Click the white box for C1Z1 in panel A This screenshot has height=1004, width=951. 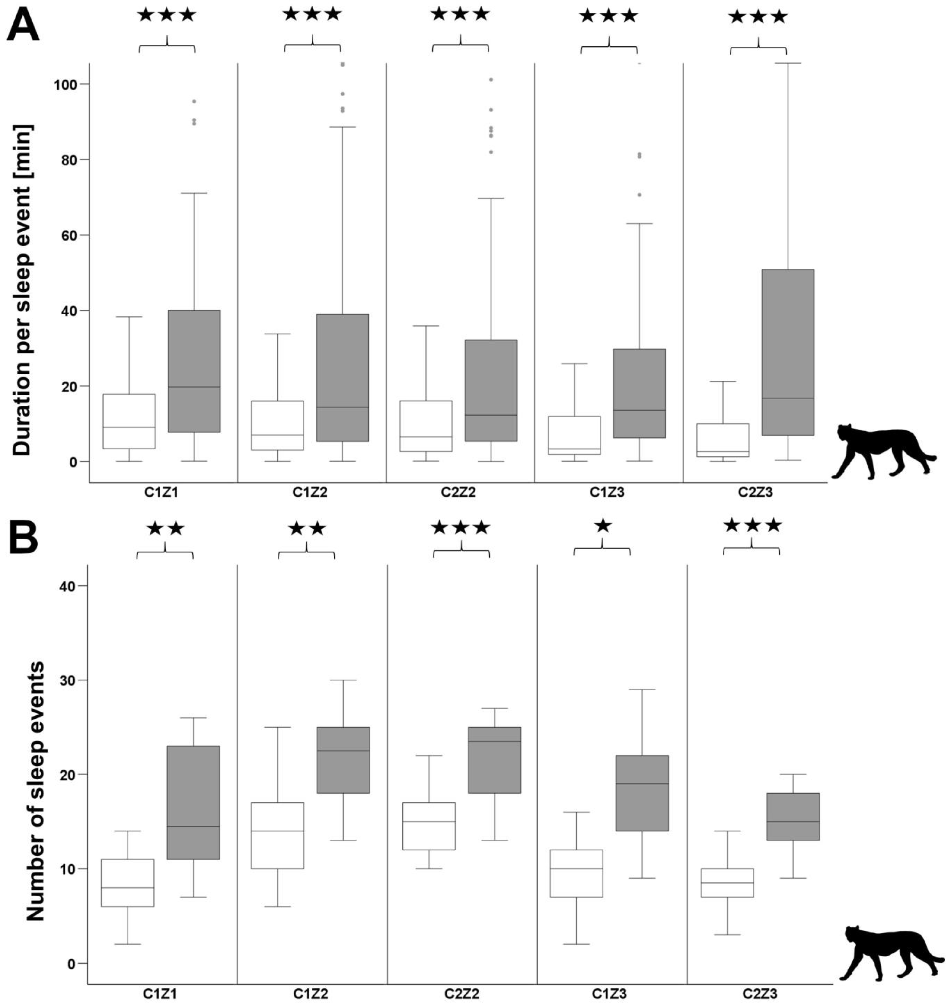coord(129,421)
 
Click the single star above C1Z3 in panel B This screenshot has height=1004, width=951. coord(603,526)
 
